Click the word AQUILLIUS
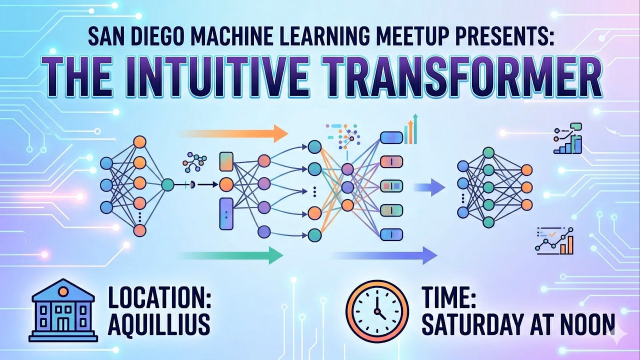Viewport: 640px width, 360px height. (159, 324)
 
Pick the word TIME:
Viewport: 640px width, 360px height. (448, 299)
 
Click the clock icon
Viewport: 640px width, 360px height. (377, 311)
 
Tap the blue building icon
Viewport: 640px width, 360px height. (62, 310)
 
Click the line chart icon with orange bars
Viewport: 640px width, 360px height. (554, 241)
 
